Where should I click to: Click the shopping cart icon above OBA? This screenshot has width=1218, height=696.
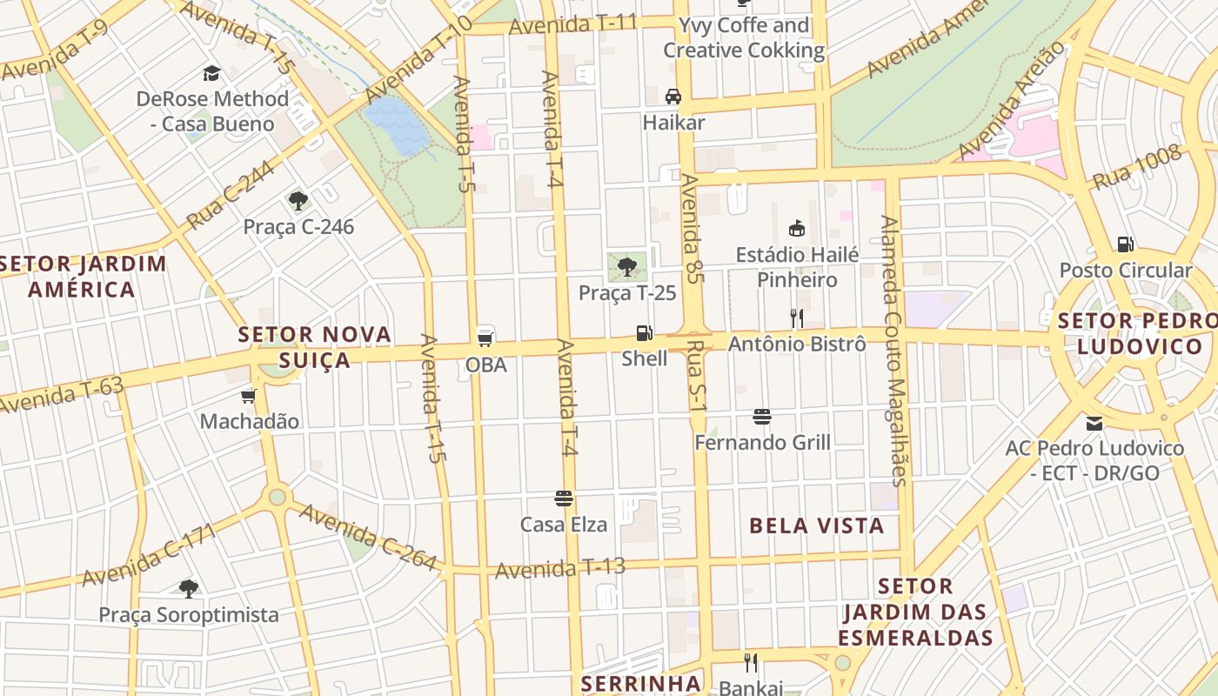point(485,338)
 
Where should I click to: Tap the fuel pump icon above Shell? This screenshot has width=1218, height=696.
point(644,332)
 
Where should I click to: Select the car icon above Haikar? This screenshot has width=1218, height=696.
point(673,96)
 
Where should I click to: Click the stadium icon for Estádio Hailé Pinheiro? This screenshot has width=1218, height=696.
point(796,228)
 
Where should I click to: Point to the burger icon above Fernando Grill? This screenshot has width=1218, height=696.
point(762,417)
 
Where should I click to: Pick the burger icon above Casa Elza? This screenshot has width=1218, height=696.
point(564,499)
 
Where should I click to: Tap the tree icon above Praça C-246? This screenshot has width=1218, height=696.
point(298,201)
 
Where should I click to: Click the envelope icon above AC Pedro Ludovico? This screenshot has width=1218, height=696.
point(1094,424)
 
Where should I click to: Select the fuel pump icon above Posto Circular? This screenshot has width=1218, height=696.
point(1126,244)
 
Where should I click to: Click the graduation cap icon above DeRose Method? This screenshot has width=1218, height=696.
point(211,73)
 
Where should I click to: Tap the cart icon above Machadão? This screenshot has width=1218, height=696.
point(249,396)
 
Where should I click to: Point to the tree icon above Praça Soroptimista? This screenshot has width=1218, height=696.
point(188,589)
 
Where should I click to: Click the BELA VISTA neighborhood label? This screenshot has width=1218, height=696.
point(816,525)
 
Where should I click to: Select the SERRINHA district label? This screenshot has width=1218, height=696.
point(640,683)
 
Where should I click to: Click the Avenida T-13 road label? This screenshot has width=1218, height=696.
point(560,569)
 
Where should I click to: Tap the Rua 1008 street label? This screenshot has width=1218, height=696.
point(1137,167)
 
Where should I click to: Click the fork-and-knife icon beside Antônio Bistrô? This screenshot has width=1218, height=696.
point(796,318)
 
